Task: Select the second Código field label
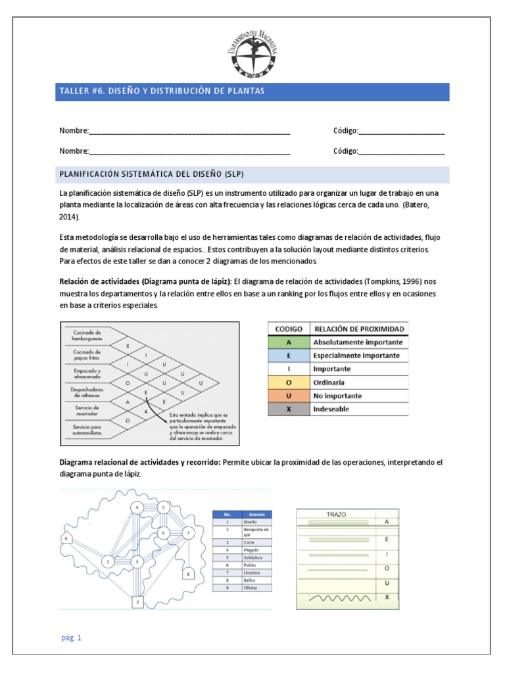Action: [x=345, y=151]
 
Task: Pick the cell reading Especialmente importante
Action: [x=356, y=356]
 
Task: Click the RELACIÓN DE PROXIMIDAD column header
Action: [x=360, y=329]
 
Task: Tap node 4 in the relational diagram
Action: [x=137, y=507]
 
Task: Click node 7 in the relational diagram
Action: [x=188, y=532]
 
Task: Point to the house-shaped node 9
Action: [x=66, y=539]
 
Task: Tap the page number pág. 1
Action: [x=70, y=638]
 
